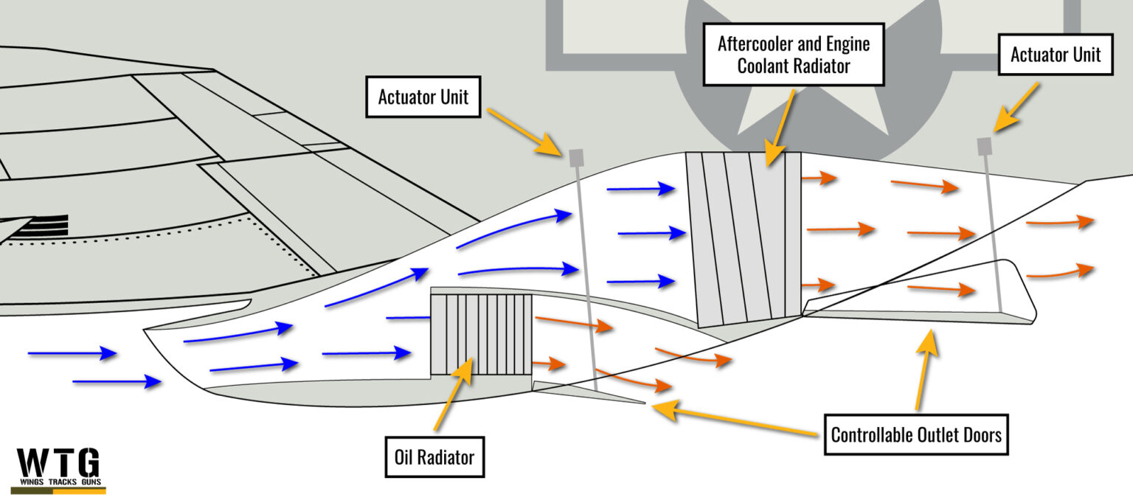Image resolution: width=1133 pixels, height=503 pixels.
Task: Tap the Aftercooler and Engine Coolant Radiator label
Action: click(x=793, y=54)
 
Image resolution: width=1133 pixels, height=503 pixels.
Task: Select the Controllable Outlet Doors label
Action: click(x=915, y=434)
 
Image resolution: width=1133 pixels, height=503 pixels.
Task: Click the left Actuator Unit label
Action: click(x=423, y=97)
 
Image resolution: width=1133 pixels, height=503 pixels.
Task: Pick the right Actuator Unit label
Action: click(x=1055, y=54)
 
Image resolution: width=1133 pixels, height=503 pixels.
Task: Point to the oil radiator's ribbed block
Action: click(x=481, y=334)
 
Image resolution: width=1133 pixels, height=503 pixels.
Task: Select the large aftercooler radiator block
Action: click(x=744, y=238)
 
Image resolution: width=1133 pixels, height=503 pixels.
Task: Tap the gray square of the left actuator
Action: click(x=577, y=157)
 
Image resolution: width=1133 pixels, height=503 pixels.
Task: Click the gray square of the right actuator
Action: click(x=984, y=146)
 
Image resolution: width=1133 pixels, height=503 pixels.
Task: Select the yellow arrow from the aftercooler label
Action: click(x=780, y=125)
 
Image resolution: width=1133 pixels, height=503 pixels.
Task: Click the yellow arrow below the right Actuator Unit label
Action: click(x=1016, y=108)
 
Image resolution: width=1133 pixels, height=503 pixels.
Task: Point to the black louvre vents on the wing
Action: click(x=41, y=226)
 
